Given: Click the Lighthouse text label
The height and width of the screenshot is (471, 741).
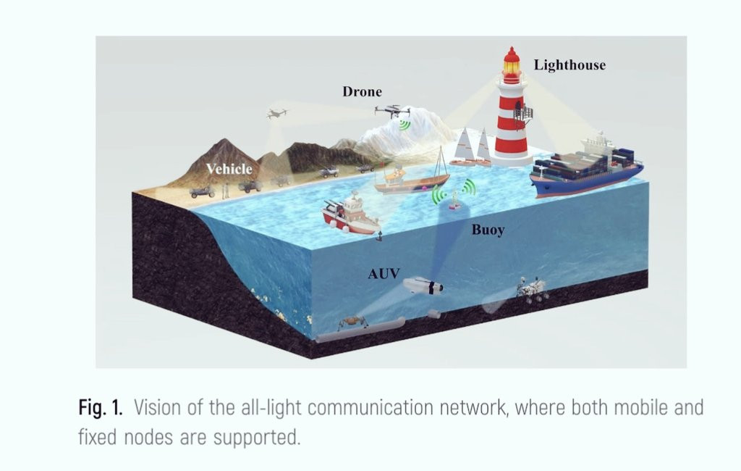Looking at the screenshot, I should pyautogui.click(x=569, y=65).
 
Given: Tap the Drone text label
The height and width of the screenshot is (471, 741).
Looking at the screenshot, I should pyautogui.click(x=362, y=92).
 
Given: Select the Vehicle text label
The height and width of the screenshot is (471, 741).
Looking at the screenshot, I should pyautogui.click(x=229, y=170).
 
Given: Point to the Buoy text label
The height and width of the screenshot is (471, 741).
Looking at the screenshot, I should pyautogui.click(x=488, y=230).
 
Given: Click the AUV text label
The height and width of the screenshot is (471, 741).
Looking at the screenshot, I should pyautogui.click(x=384, y=273).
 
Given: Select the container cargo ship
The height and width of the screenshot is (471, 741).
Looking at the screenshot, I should pyautogui.click(x=586, y=170).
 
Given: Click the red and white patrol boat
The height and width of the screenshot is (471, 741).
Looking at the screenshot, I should pyautogui.click(x=350, y=214).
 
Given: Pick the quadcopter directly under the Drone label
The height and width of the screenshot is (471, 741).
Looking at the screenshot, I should pyautogui.click(x=392, y=111).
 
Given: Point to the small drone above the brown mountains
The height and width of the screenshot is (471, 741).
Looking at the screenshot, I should pyautogui.click(x=276, y=114).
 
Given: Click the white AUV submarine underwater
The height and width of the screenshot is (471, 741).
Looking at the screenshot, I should pyautogui.click(x=423, y=286).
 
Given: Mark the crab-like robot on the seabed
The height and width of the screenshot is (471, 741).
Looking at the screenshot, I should pyautogui.click(x=351, y=320).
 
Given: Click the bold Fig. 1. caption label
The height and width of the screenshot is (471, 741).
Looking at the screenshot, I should pyautogui.click(x=101, y=407).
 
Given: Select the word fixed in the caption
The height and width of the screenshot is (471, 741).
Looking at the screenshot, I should pyautogui.click(x=98, y=437).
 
